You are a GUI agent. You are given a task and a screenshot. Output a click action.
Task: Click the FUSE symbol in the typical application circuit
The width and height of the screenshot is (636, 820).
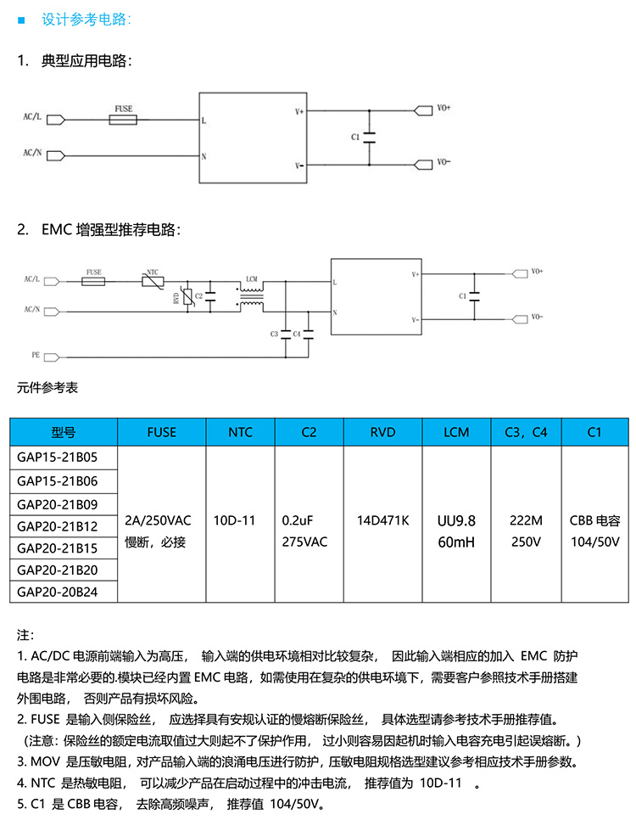click(x=123, y=120)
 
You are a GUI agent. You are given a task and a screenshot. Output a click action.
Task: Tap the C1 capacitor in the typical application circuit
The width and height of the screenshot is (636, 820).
click(x=370, y=138)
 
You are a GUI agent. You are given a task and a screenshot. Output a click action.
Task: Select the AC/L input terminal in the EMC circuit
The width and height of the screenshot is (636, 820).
click(x=52, y=281)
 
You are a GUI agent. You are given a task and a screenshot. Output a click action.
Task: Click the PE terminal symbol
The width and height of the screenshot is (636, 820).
click(x=52, y=357)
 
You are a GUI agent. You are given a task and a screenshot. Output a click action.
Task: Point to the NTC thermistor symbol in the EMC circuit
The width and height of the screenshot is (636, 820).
click(x=153, y=281)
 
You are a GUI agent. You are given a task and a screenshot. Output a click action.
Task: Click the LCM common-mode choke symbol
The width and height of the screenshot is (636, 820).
click(x=252, y=296)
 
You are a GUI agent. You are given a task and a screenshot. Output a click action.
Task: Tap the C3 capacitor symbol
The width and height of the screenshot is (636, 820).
click(x=285, y=334)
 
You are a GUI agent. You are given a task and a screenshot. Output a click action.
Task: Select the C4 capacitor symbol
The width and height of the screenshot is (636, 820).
click(x=309, y=334)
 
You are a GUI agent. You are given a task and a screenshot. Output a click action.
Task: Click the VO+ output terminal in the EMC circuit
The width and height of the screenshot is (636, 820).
click(x=520, y=273)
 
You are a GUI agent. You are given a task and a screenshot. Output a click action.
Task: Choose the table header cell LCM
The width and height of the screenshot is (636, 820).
click(x=456, y=432)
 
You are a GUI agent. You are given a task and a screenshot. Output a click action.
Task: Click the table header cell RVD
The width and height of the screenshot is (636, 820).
click(x=382, y=432)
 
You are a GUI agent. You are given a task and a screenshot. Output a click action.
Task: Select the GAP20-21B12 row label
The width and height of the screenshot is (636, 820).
click(x=58, y=526)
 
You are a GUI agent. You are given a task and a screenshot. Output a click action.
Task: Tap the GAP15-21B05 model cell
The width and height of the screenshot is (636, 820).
click(x=58, y=458)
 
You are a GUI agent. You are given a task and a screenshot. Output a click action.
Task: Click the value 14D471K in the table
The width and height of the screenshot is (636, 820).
click(x=382, y=521)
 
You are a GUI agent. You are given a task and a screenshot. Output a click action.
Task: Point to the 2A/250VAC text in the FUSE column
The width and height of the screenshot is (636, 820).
click(x=158, y=521)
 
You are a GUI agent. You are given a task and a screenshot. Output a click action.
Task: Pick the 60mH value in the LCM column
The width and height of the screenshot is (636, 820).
click(x=456, y=542)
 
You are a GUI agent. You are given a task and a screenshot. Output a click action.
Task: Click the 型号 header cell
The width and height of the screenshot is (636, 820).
click(x=64, y=432)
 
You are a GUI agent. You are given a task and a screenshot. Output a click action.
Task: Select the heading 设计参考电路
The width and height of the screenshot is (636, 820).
click(x=86, y=20)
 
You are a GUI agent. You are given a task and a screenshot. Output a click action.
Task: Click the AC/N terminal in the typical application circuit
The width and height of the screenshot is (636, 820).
click(x=56, y=155)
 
